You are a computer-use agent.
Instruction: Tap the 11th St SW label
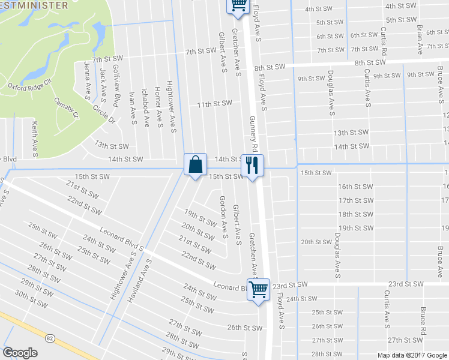coord(214,104)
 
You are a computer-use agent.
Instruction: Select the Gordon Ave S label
coord(224,217)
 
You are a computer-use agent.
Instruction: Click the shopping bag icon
coord(195,164)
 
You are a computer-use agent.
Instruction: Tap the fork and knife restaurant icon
coord(252,164)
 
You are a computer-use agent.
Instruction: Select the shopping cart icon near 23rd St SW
coord(259,289)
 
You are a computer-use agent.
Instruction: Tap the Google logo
coord(20,353)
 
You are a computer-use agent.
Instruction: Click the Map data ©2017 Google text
coord(412,355)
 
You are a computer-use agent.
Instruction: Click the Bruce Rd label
coord(423,322)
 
